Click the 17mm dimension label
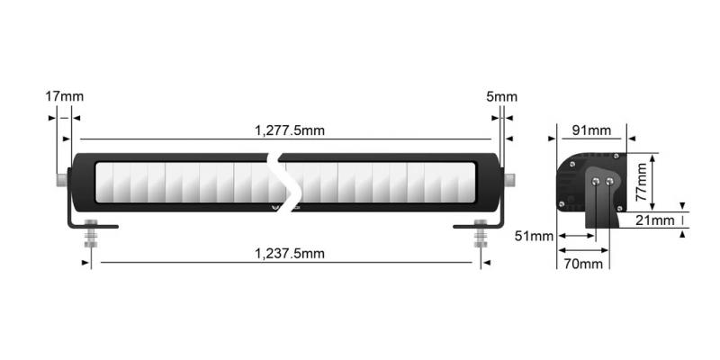pyautogui.click(x=64, y=96)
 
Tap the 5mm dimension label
pyautogui.click(x=502, y=96)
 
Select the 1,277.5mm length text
pyautogui.click(x=289, y=130)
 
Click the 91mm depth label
pyautogui.click(x=591, y=130)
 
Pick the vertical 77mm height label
pyautogui.click(x=640, y=180)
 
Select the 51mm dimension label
pyautogui.click(x=532, y=236)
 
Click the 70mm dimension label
pyautogui.click(x=583, y=264)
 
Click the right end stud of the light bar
pyautogui.click(x=510, y=181)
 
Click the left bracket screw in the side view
pyautogui.click(x=598, y=182)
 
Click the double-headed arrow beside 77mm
pyautogui.click(x=654, y=180)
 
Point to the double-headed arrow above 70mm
pyautogui.click(x=584, y=249)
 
